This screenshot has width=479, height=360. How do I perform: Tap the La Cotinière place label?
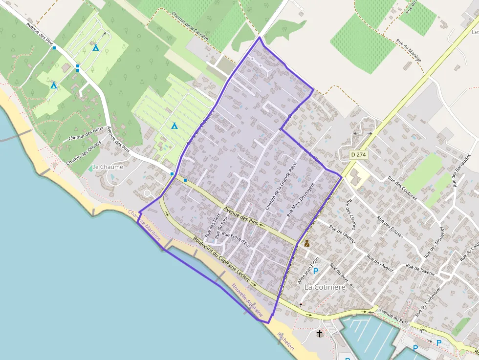pyautogui.click(x=325, y=287)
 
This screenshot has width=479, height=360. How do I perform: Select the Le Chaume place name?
pyautogui.click(x=108, y=167)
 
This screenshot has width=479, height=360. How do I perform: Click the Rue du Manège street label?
pyautogui.click(x=409, y=51)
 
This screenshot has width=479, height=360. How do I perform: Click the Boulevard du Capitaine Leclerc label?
pyautogui.click(x=221, y=262)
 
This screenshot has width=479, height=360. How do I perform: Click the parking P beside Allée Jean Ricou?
pyautogui.click(x=316, y=271)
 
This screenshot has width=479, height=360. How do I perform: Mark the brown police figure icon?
pyautogui.click(x=306, y=243)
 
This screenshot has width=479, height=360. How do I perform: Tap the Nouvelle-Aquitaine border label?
pyautogui.click(x=248, y=300)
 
